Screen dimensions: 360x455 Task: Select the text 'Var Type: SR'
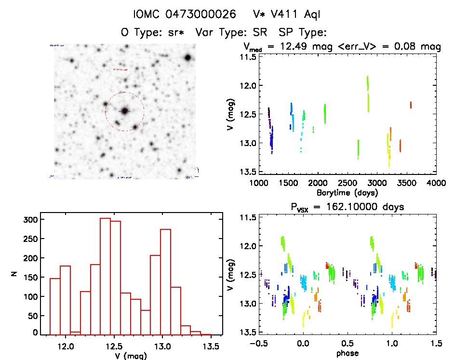[x=227, y=33]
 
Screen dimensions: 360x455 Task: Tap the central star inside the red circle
[x=125, y=111]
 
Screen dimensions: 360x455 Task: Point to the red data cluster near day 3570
[x=411, y=105]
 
